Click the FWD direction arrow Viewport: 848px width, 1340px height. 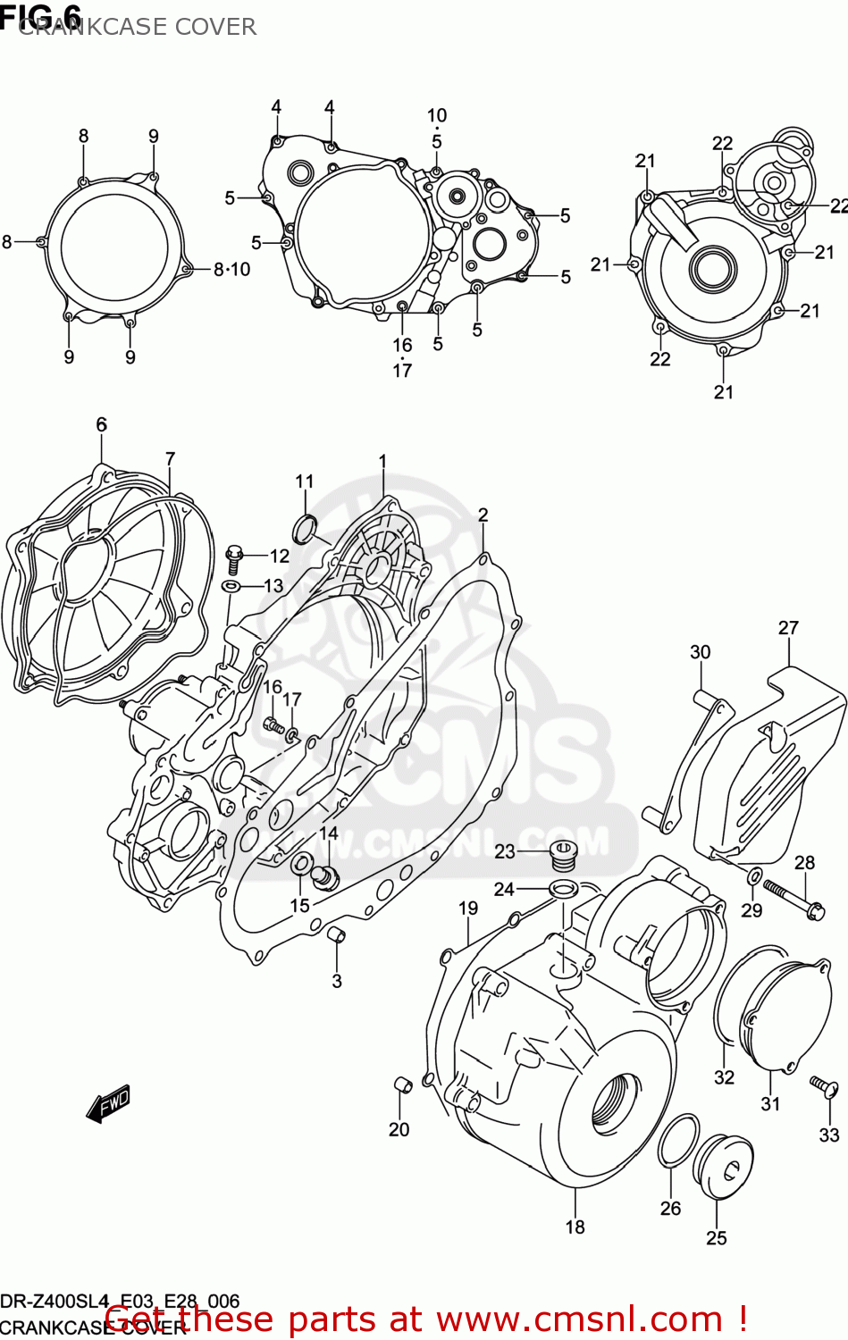coord(108,1103)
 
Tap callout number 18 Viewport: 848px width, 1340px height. coord(575,1227)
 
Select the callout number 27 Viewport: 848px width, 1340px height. coord(787,628)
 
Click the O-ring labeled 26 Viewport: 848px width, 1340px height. coord(678,1141)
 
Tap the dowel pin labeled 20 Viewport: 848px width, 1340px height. coord(402,1085)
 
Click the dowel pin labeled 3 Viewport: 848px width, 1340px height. coord(337,935)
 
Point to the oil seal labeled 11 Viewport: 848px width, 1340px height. coord(306,529)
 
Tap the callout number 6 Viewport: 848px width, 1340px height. coord(101,424)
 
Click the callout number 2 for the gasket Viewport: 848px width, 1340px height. coord(483,515)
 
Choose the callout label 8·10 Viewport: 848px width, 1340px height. coord(231,269)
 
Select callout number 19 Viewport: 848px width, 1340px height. coord(468,908)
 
